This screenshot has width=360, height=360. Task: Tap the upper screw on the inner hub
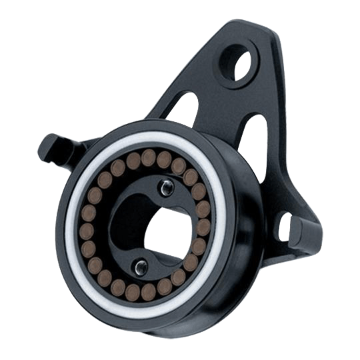click(x=163, y=189)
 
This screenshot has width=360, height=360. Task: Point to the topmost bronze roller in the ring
click(x=149, y=157)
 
